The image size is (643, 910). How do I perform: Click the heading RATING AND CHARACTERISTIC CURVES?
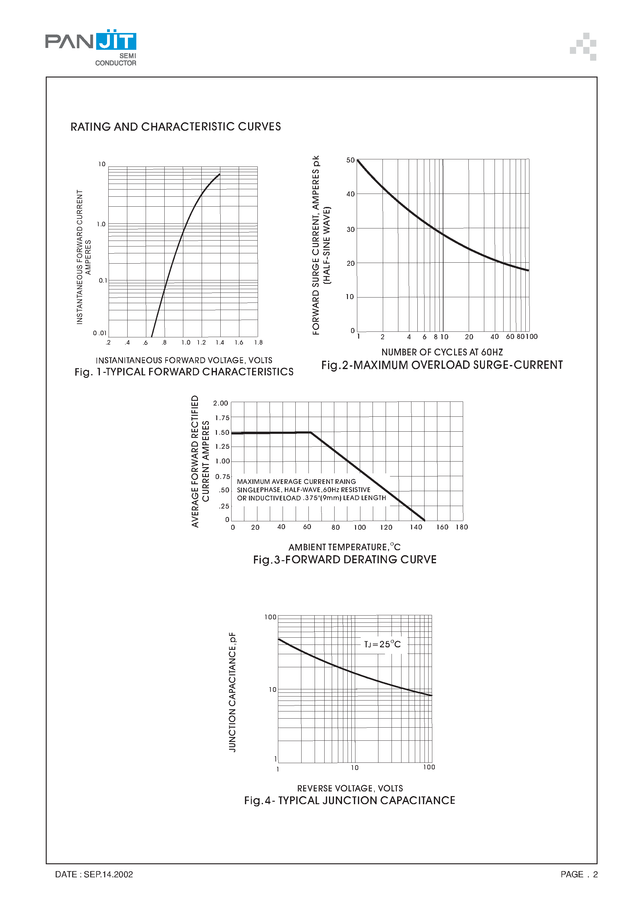point(176,127)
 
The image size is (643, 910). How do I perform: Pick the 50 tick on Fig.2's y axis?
point(350,160)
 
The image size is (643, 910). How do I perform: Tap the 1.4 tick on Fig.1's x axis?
point(220,342)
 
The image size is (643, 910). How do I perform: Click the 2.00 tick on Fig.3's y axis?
point(220,403)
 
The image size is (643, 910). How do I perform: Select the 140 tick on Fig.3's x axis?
point(416,527)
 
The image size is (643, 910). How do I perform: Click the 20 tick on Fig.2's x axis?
point(469,337)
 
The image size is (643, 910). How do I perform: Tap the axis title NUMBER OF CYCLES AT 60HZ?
point(442,352)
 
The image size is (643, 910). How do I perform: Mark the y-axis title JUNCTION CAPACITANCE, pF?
point(232,692)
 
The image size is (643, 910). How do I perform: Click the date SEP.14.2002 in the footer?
point(108,874)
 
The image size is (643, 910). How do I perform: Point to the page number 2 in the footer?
point(595,874)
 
